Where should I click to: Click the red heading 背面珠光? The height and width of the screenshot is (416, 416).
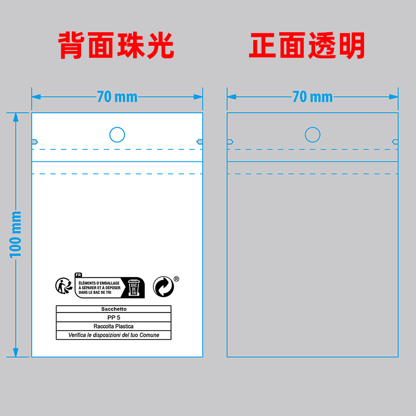click(x=115, y=46)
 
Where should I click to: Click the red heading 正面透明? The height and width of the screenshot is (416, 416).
click(x=307, y=46)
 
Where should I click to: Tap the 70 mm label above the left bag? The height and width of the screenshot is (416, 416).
click(x=117, y=97)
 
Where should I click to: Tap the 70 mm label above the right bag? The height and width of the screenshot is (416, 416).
click(x=313, y=97)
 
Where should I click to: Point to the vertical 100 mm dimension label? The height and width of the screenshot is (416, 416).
click(x=16, y=234)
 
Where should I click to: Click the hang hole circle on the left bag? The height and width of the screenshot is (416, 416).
click(x=117, y=135)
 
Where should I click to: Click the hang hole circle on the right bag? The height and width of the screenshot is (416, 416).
click(x=313, y=135)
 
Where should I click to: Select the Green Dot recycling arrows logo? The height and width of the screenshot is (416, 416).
click(x=163, y=287)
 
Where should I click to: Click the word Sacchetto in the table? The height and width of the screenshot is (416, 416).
click(x=113, y=309)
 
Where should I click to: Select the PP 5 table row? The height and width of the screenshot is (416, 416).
click(x=113, y=317)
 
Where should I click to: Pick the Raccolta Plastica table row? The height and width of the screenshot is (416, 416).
click(x=113, y=326)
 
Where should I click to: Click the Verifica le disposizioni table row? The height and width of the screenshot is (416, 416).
click(x=113, y=335)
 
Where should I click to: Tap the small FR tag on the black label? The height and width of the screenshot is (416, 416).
click(x=79, y=275)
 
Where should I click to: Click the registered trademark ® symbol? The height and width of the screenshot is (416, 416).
click(x=176, y=279)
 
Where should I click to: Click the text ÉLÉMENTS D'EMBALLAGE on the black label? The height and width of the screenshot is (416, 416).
click(x=99, y=282)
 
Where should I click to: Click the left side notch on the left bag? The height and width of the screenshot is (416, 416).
click(x=35, y=141)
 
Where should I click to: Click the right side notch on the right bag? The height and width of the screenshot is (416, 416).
click(x=395, y=141)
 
